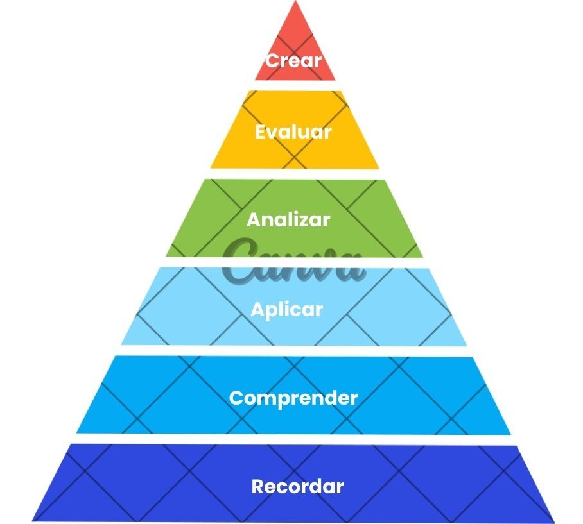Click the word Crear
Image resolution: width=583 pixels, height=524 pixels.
tap(293, 60)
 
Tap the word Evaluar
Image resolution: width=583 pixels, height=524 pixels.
tap(293, 132)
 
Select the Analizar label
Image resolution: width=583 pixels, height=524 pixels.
tap(288, 219)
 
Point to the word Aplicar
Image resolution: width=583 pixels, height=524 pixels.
tap(286, 310)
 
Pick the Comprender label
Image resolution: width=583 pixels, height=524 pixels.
tap(293, 398)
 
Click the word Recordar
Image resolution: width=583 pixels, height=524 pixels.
tap(297, 487)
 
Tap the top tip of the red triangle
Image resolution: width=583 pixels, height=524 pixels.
tap(295, 1)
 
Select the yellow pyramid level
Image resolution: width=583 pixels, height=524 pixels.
tap(295, 130)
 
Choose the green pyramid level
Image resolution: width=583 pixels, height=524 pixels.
tap(294, 218)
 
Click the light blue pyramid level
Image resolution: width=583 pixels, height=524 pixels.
tap(293, 307)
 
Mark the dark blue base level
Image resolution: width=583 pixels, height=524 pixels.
tap(293, 483)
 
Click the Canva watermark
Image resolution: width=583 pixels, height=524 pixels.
tap(293, 260)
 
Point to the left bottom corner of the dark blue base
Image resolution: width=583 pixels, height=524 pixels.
tap(32, 521)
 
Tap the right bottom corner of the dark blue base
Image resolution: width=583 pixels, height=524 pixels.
tap(555, 522)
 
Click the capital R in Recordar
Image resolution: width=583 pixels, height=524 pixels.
tap(258, 487)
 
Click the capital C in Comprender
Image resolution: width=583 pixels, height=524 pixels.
tap(236, 398)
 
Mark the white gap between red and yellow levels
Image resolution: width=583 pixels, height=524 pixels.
tap(295, 85)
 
